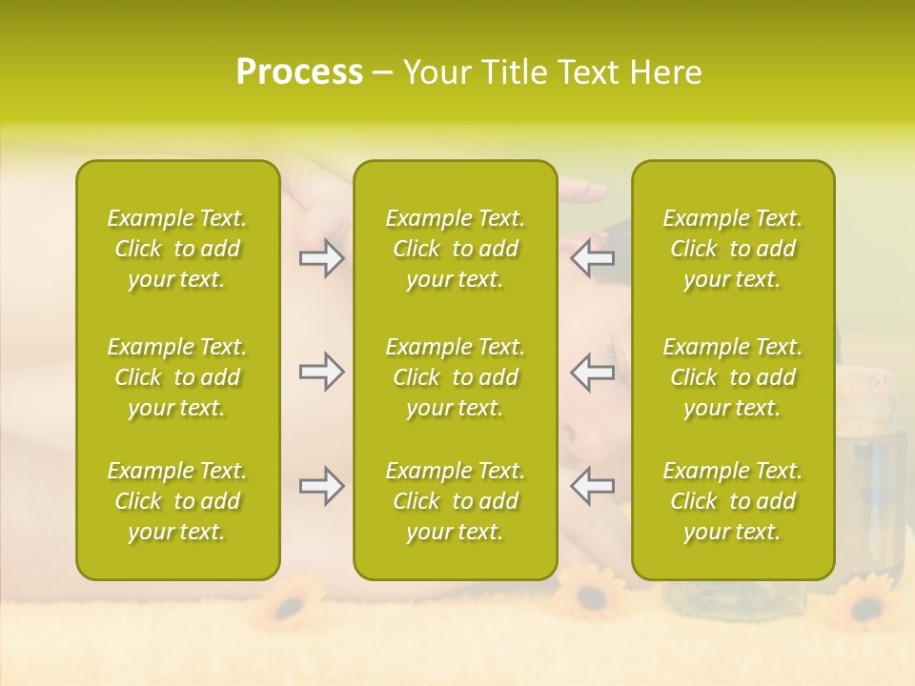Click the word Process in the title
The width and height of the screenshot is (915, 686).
click(299, 72)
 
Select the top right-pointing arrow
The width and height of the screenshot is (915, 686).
click(321, 258)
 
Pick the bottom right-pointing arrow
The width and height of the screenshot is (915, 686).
click(321, 486)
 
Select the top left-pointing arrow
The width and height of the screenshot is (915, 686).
click(593, 258)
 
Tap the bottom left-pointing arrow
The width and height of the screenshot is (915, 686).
click(593, 486)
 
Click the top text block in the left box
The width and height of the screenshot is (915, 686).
click(177, 249)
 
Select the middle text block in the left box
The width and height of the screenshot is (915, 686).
click(177, 377)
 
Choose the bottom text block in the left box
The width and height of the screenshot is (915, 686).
click(177, 501)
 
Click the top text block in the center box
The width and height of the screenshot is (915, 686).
click(455, 249)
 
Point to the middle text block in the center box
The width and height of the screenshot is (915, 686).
click(455, 377)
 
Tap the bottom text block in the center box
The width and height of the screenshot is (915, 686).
click(455, 501)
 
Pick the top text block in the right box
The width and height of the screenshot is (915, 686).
click(732, 249)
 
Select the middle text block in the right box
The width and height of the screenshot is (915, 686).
click(732, 377)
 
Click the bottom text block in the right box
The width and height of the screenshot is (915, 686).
click(732, 501)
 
